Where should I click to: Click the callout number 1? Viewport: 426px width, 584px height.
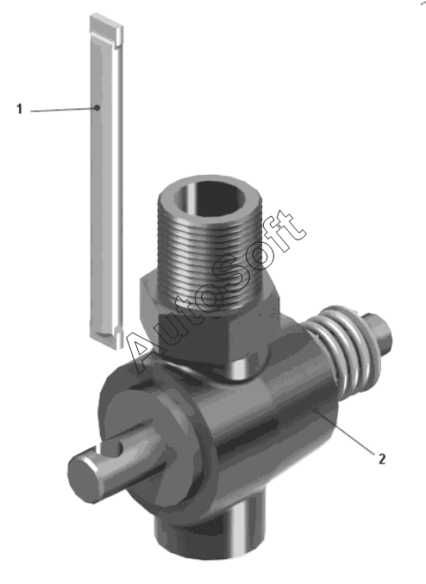pos(19,109)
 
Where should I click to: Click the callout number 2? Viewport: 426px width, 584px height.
pos(382,458)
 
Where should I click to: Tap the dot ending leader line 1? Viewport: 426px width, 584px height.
pos(97,108)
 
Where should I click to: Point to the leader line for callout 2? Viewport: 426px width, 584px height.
pos(344,431)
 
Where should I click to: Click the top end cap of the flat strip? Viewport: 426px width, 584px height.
pos(106,25)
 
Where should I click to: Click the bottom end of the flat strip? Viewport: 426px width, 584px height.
pos(106,338)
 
